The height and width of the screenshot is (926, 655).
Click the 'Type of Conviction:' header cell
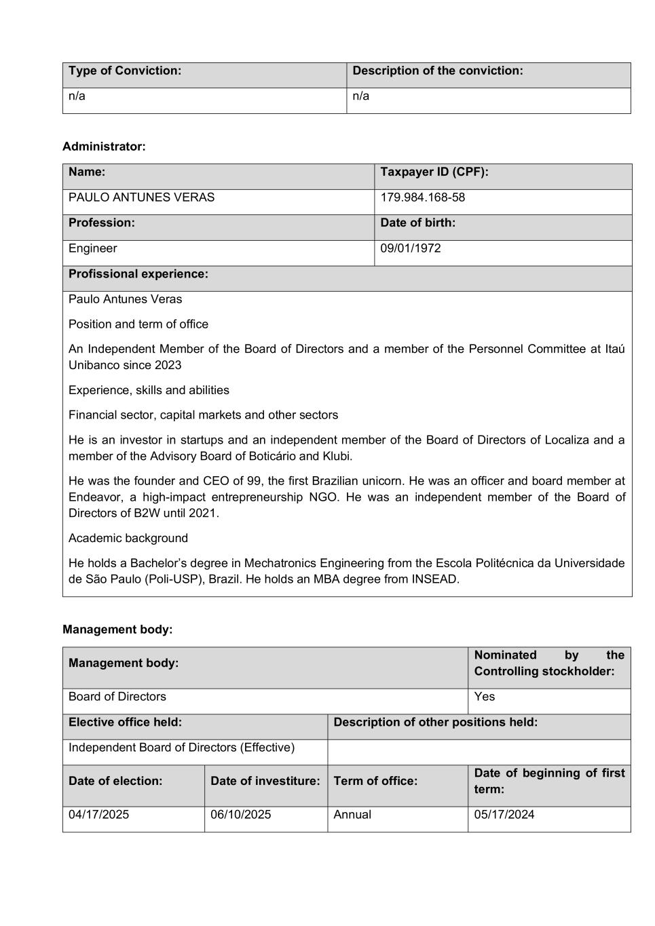[125, 71]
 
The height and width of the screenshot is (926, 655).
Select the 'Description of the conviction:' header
[438, 71]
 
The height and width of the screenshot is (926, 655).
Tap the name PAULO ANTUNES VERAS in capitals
[141, 197]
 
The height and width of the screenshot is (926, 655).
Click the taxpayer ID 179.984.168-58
[422, 197]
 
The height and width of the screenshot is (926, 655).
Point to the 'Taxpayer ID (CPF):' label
[434, 172]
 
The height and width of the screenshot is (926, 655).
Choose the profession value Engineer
[92, 248]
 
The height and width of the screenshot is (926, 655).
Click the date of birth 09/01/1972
[410, 248]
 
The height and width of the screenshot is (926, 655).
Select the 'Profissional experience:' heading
[138, 274]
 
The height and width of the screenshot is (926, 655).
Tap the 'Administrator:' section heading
[104, 147]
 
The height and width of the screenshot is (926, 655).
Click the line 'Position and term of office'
[138, 324]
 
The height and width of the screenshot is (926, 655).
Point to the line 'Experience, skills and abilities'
[149, 390]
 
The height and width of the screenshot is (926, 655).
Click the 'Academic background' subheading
[128, 538]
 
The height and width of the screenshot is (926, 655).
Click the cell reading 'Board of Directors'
[117, 697]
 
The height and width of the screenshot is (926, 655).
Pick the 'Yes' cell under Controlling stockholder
[485, 697]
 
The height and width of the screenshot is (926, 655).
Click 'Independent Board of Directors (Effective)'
[181, 748]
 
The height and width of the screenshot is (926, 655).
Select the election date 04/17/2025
[98, 815]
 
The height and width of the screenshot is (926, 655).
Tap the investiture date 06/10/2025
[240, 815]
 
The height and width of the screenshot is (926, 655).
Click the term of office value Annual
[352, 815]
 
